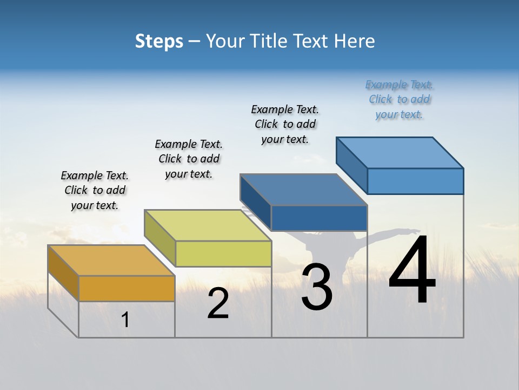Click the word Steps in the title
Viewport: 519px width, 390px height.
(159, 41)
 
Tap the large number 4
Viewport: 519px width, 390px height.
(412, 271)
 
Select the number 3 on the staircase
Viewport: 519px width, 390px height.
(316, 287)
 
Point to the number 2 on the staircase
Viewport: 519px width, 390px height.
(218, 304)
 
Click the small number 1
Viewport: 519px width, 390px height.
(125, 320)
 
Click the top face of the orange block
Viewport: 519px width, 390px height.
(111, 261)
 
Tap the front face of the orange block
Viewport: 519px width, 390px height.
(127, 288)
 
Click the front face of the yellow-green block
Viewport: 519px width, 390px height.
(223, 253)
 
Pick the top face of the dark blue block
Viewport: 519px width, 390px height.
(303, 190)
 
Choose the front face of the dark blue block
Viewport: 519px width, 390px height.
(319, 218)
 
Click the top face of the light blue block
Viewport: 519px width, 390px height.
(400, 153)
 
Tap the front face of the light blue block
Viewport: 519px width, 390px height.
(415, 181)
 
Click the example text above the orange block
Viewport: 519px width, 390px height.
(95, 190)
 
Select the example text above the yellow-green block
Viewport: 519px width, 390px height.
(189, 159)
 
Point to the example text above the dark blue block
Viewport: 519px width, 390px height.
(285, 124)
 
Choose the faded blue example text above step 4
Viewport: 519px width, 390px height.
(399, 100)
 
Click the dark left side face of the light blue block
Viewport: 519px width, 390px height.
(351, 162)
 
